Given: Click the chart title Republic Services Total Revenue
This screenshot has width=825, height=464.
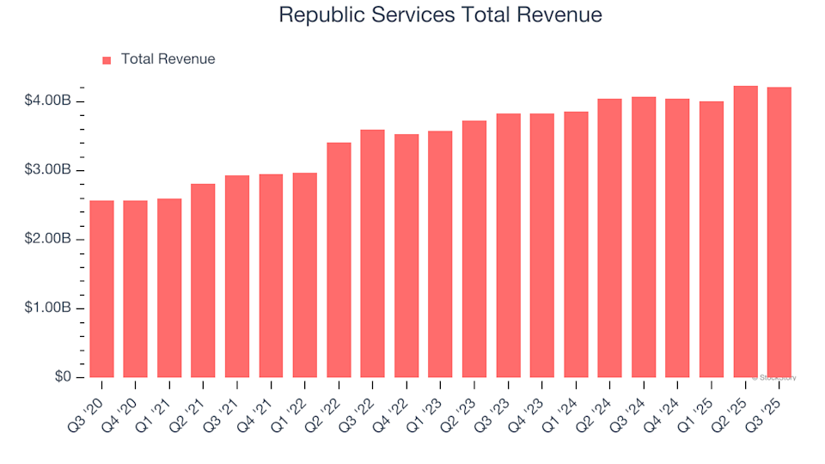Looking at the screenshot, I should point(440,15).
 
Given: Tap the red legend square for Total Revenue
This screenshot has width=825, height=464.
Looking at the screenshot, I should point(107,60).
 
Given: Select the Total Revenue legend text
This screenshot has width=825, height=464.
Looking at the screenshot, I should point(168,59).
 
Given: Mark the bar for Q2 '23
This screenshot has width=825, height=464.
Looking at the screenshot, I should point(474,249).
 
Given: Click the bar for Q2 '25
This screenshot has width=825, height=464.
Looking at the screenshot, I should point(745,232).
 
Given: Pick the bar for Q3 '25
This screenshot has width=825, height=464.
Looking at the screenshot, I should point(779,232).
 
